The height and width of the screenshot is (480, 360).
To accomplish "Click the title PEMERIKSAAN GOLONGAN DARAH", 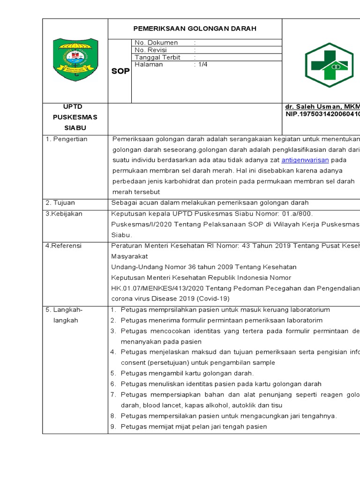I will [x=195, y=29].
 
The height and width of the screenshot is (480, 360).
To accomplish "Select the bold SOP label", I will [x=120, y=71].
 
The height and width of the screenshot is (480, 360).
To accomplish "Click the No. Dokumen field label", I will [x=156, y=43].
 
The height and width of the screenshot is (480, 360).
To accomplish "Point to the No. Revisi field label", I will [x=153, y=50].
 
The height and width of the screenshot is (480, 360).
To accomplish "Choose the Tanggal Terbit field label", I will [x=157, y=57].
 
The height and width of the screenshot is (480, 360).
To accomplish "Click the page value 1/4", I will [x=202, y=65].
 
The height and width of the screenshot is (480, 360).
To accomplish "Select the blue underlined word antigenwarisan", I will [x=305, y=160].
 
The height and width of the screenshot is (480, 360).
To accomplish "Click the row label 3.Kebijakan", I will [x=64, y=214].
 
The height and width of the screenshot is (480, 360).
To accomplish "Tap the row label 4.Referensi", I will [x=63, y=246].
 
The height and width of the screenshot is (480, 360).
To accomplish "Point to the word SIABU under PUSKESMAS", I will [x=75, y=127].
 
